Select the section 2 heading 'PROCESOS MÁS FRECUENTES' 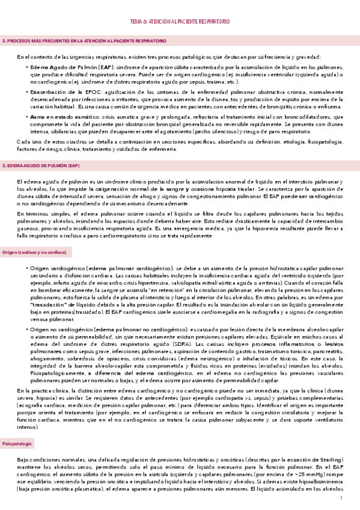point(84,41)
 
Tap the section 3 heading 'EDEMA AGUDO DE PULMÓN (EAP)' point(42,164)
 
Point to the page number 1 point(341,499)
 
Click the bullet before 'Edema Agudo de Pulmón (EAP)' point(27,67)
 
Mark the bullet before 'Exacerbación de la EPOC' point(27,91)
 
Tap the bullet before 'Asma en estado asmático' point(27,116)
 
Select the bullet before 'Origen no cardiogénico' point(27,329)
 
